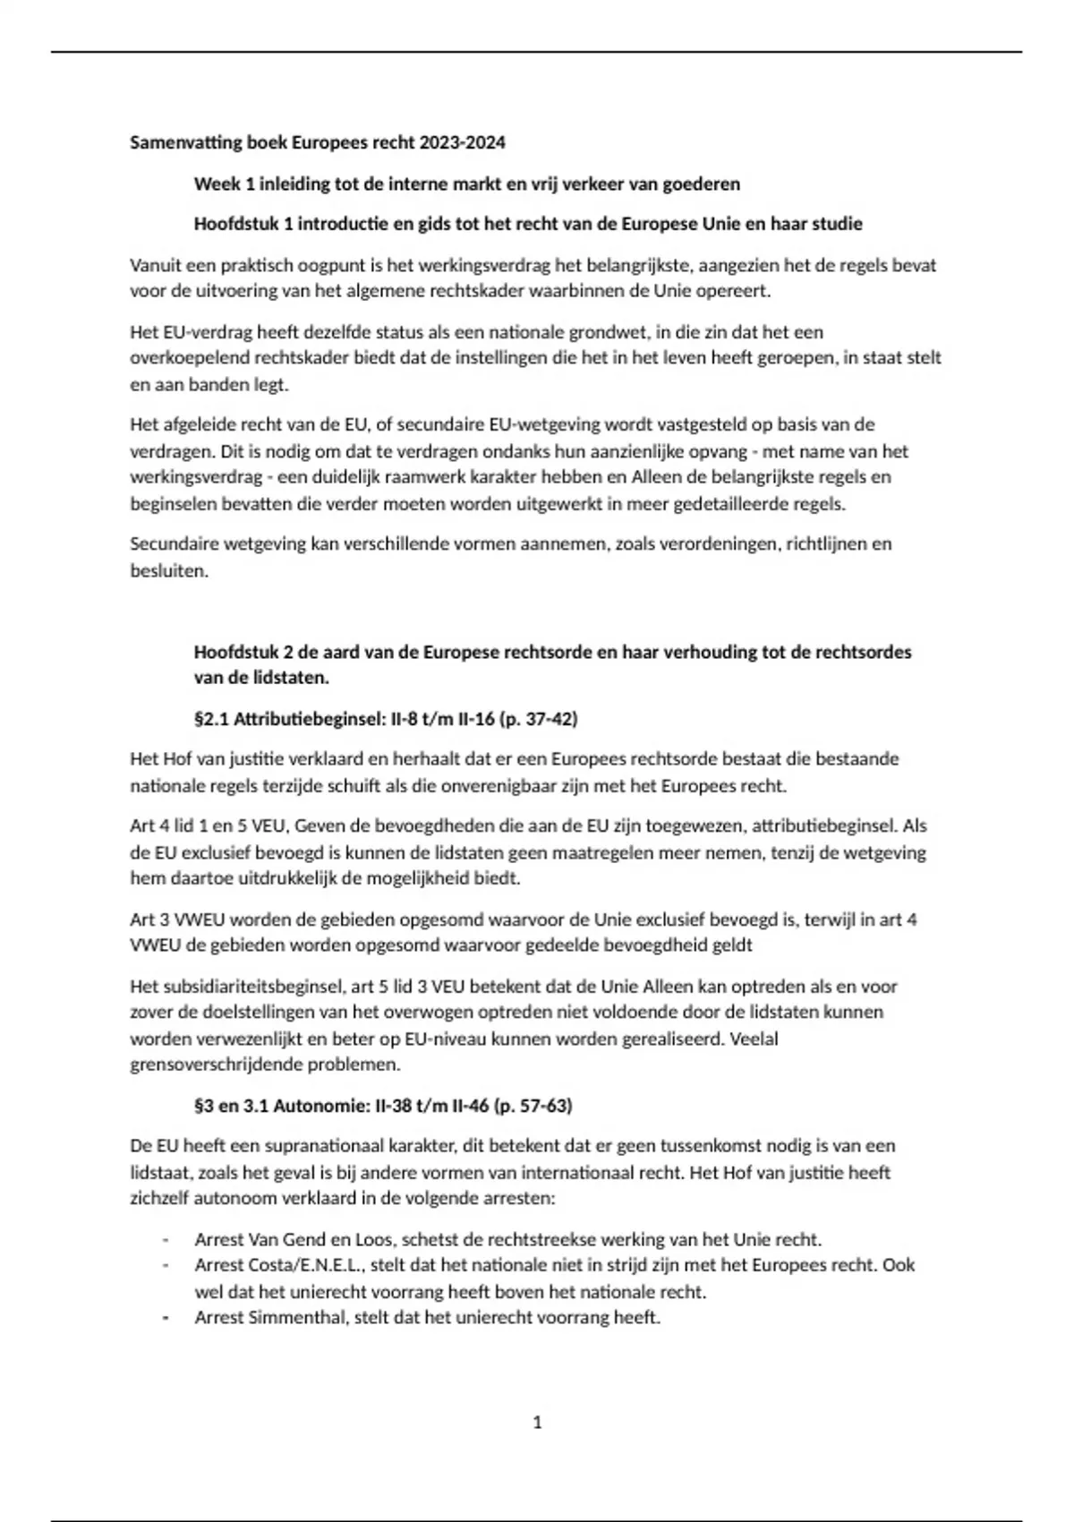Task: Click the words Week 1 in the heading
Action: (218, 184)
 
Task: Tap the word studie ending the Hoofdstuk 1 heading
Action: (837, 224)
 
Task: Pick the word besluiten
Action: (168, 570)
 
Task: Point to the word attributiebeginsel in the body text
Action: (823, 825)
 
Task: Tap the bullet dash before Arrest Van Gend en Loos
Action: (166, 1240)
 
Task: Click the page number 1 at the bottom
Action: (537, 1423)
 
